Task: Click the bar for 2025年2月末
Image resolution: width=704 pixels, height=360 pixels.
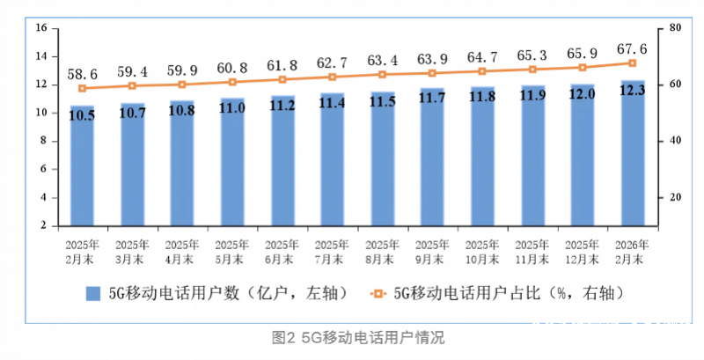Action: point(82,167)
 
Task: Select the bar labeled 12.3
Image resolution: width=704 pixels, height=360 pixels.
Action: point(633,158)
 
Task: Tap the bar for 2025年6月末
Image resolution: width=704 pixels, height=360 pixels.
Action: point(282,167)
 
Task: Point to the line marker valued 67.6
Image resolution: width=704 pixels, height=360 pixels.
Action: point(633,62)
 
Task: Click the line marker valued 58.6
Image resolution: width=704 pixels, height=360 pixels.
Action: point(82,88)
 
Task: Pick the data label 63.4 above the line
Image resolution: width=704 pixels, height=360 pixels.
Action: point(383,60)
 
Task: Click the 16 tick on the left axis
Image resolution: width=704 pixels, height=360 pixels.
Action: point(40,28)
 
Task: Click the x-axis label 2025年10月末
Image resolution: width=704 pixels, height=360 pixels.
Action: point(482,250)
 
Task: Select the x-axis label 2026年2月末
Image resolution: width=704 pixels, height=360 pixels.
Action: point(633,250)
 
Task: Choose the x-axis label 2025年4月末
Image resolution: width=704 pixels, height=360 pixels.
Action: point(182,250)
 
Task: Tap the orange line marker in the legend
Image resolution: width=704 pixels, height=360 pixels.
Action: point(378,292)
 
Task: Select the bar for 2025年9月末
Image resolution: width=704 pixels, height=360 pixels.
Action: point(432,167)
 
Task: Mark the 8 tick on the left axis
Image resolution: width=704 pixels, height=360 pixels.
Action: point(40,141)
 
